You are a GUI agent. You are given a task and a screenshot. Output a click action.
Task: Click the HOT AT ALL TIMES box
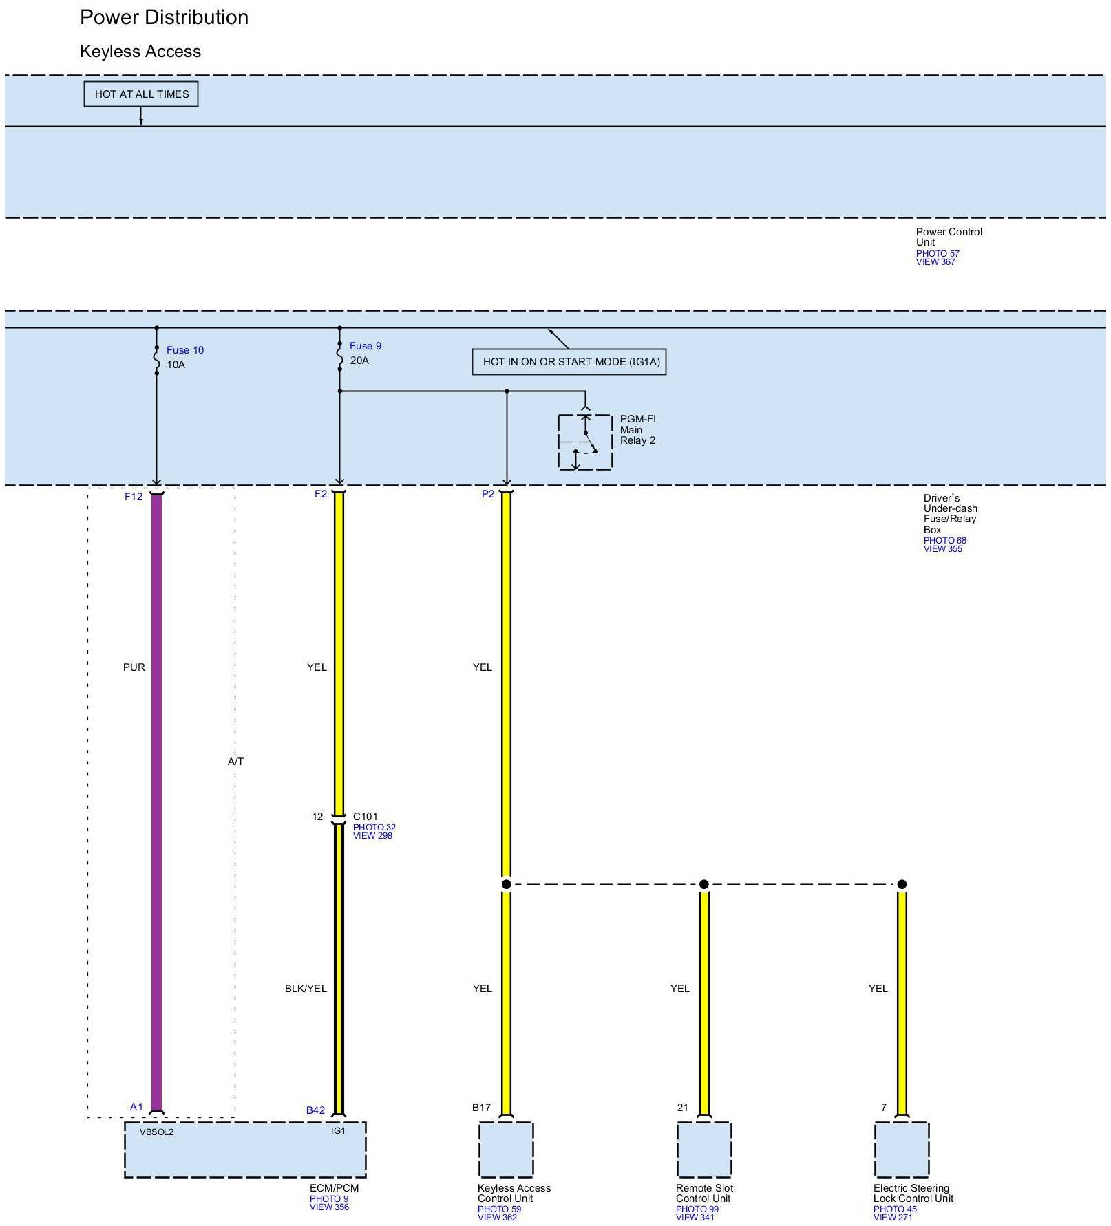[x=141, y=94]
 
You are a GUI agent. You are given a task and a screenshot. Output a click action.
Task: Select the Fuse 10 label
[x=184, y=350]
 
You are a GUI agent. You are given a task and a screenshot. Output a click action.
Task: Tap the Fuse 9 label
[x=365, y=346]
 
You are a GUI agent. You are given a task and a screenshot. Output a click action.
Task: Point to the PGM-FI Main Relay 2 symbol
[x=585, y=442]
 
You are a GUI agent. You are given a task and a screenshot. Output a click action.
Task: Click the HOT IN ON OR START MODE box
[x=569, y=362]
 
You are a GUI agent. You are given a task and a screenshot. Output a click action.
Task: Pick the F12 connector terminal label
[x=134, y=497]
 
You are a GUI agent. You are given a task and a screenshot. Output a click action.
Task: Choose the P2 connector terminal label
[x=488, y=494]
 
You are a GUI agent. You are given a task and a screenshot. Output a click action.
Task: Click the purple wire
[x=156, y=757]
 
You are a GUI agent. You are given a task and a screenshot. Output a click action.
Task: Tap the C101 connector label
[x=365, y=817]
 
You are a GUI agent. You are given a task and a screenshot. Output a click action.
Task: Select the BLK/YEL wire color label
[x=306, y=989]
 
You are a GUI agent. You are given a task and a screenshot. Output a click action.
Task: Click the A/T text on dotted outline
[x=235, y=762]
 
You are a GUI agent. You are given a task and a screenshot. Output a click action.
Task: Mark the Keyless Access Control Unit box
[x=506, y=1150]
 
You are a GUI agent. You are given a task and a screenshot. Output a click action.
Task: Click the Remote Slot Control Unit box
[x=703, y=1150]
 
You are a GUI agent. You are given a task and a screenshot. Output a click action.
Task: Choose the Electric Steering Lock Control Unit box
[x=902, y=1150]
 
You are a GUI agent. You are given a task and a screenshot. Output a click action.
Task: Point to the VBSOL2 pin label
[x=156, y=1132]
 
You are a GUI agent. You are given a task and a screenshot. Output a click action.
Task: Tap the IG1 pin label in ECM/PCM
[x=338, y=1130]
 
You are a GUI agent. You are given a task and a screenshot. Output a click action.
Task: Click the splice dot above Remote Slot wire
[x=703, y=884]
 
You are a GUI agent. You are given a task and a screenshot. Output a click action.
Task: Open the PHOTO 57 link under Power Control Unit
[x=937, y=253]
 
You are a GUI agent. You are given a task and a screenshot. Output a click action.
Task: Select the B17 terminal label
[x=481, y=1108]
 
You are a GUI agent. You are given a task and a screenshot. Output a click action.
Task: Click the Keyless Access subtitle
[x=140, y=52]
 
